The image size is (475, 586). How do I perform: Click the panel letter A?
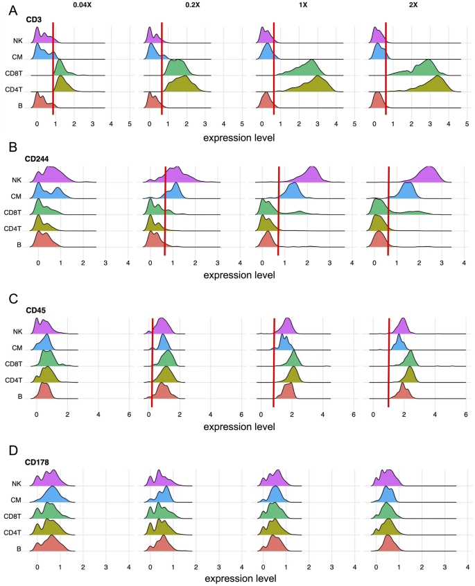point(8,9)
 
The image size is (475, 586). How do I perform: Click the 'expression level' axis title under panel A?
point(238,137)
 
